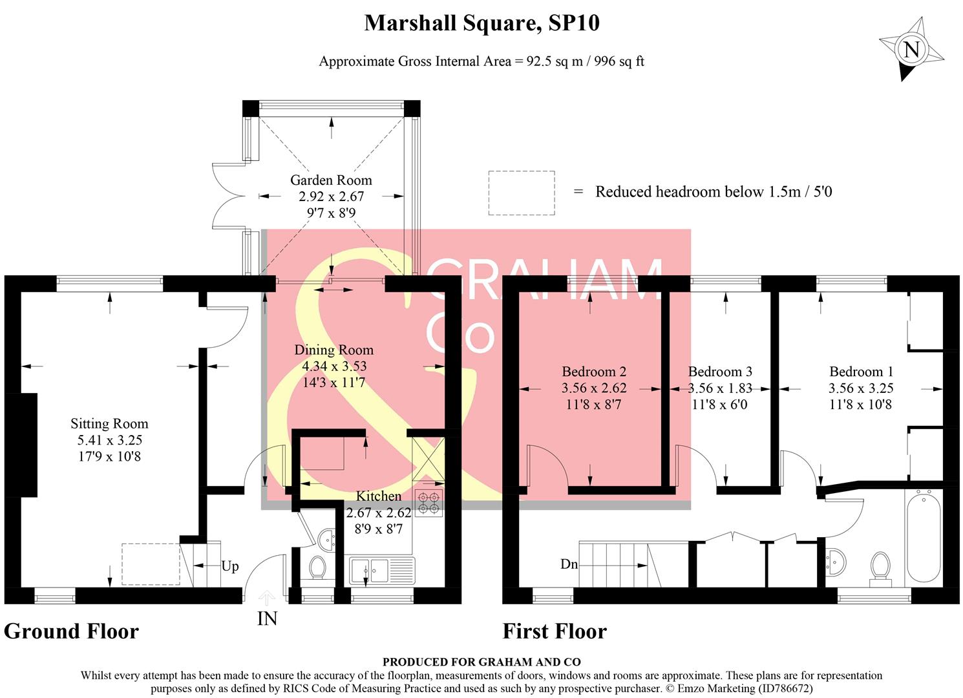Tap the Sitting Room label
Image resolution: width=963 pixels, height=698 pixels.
[109, 424]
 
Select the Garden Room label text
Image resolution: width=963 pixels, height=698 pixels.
[331, 180]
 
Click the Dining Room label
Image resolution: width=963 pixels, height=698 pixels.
[333, 350]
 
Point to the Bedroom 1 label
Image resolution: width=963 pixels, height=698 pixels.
[861, 372]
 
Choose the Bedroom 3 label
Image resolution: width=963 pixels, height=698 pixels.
[720, 372]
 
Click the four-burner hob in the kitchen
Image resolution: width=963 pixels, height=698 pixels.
[429, 504]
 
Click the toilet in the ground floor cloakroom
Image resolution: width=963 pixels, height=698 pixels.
[317, 568]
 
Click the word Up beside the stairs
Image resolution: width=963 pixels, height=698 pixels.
[230, 566]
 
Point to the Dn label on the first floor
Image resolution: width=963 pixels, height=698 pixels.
[569, 564]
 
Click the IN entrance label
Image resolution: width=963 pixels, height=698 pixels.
[267, 619]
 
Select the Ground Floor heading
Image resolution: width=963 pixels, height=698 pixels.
[71, 631]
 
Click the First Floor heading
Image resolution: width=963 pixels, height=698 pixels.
[555, 631]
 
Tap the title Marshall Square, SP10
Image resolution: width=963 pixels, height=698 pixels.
[481, 24]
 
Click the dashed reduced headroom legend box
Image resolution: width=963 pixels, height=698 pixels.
[521, 193]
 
